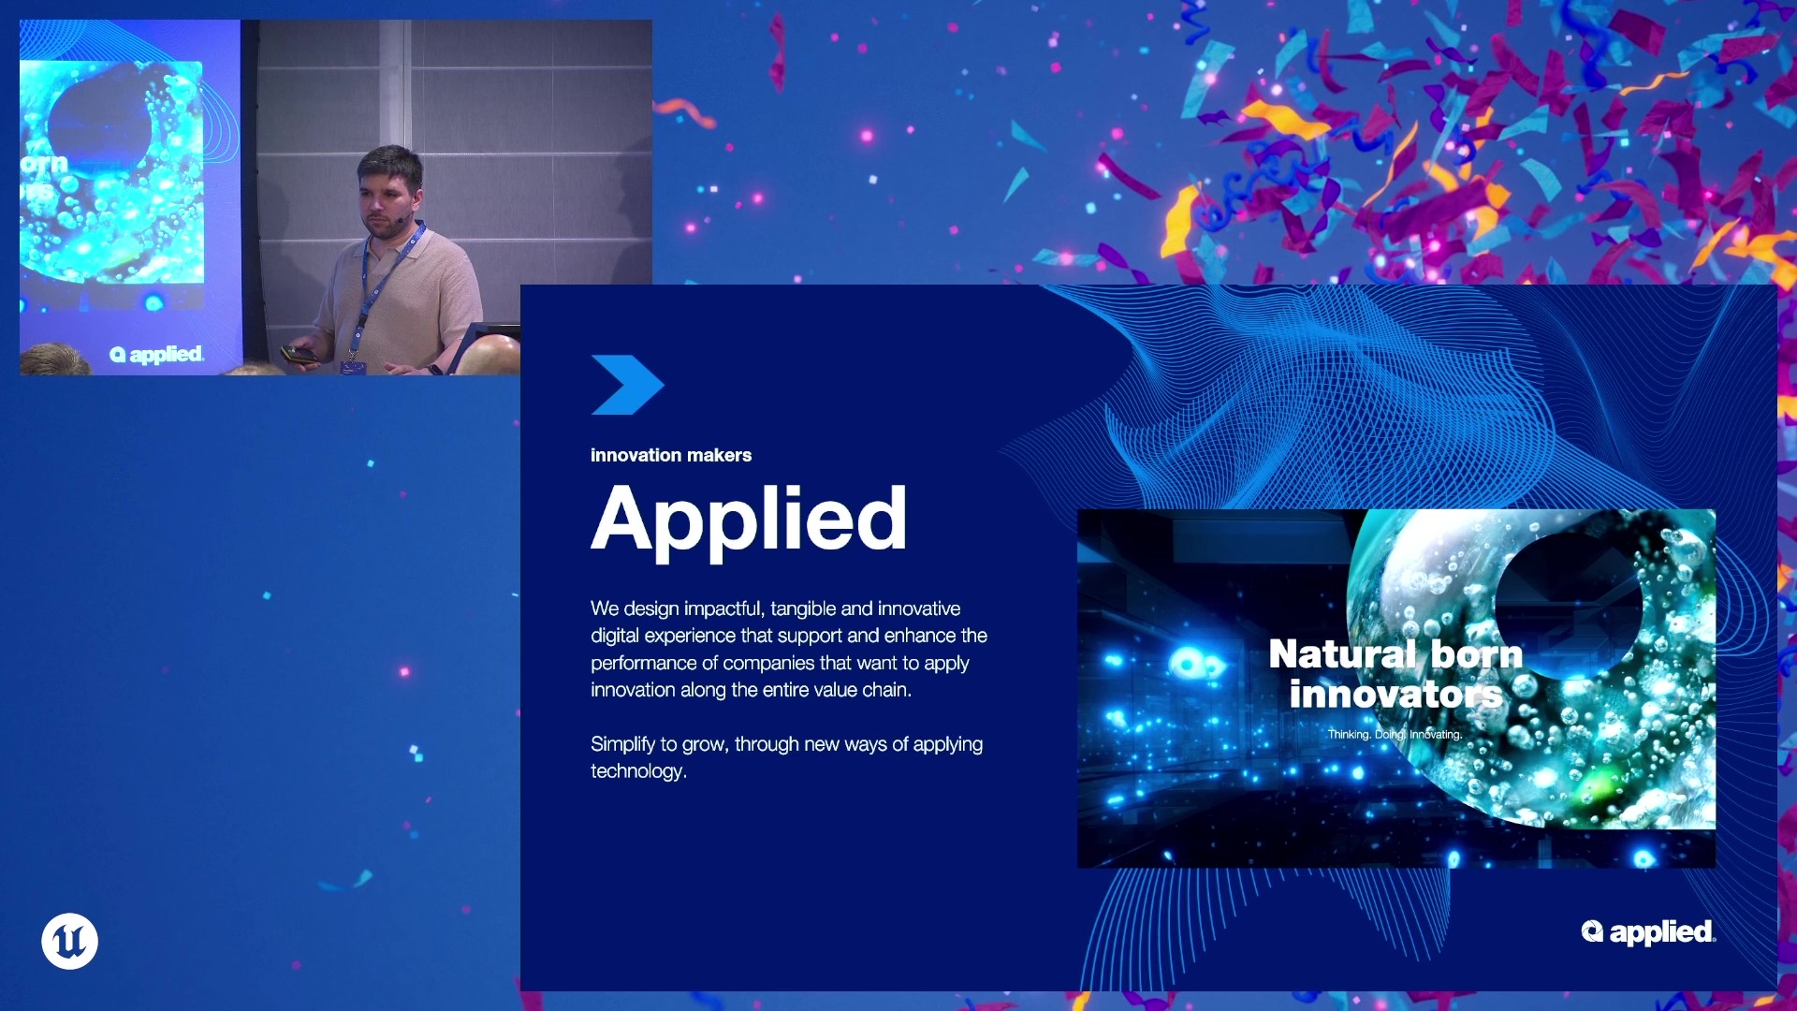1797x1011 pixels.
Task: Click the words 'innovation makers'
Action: pos(671,456)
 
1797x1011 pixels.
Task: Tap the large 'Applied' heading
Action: pos(749,520)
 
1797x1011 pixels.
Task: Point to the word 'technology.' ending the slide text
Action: pos(638,771)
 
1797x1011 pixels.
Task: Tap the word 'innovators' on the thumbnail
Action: pos(1395,695)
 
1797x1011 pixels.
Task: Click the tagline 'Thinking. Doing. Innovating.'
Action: pos(1395,735)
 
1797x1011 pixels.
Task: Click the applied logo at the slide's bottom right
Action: pos(1648,932)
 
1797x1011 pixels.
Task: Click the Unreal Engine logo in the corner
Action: pos(69,941)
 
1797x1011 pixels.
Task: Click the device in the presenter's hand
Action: pos(299,355)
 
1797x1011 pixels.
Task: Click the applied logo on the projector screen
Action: pos(156,355)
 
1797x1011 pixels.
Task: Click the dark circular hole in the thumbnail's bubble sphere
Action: pos(1569,604)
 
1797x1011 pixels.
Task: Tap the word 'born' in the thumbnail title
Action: pos(1477,653)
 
